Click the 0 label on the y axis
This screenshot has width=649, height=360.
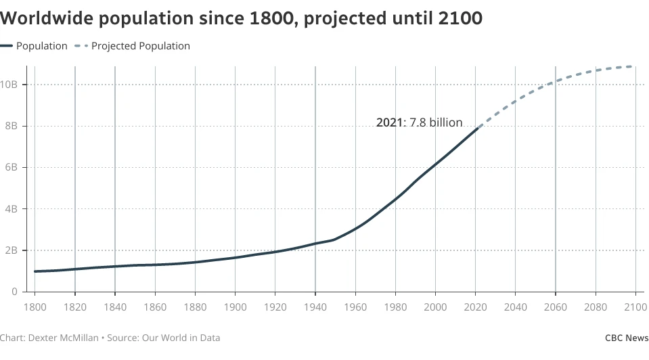click(14, 292)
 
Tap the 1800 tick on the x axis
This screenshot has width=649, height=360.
click(35, 308)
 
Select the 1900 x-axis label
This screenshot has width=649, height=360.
click(235, 308)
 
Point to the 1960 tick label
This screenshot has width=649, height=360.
click(355, 308)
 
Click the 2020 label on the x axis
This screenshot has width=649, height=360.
click(475, 308)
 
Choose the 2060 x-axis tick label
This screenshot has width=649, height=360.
click(556, 308)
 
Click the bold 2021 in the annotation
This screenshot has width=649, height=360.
click(388, 123)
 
